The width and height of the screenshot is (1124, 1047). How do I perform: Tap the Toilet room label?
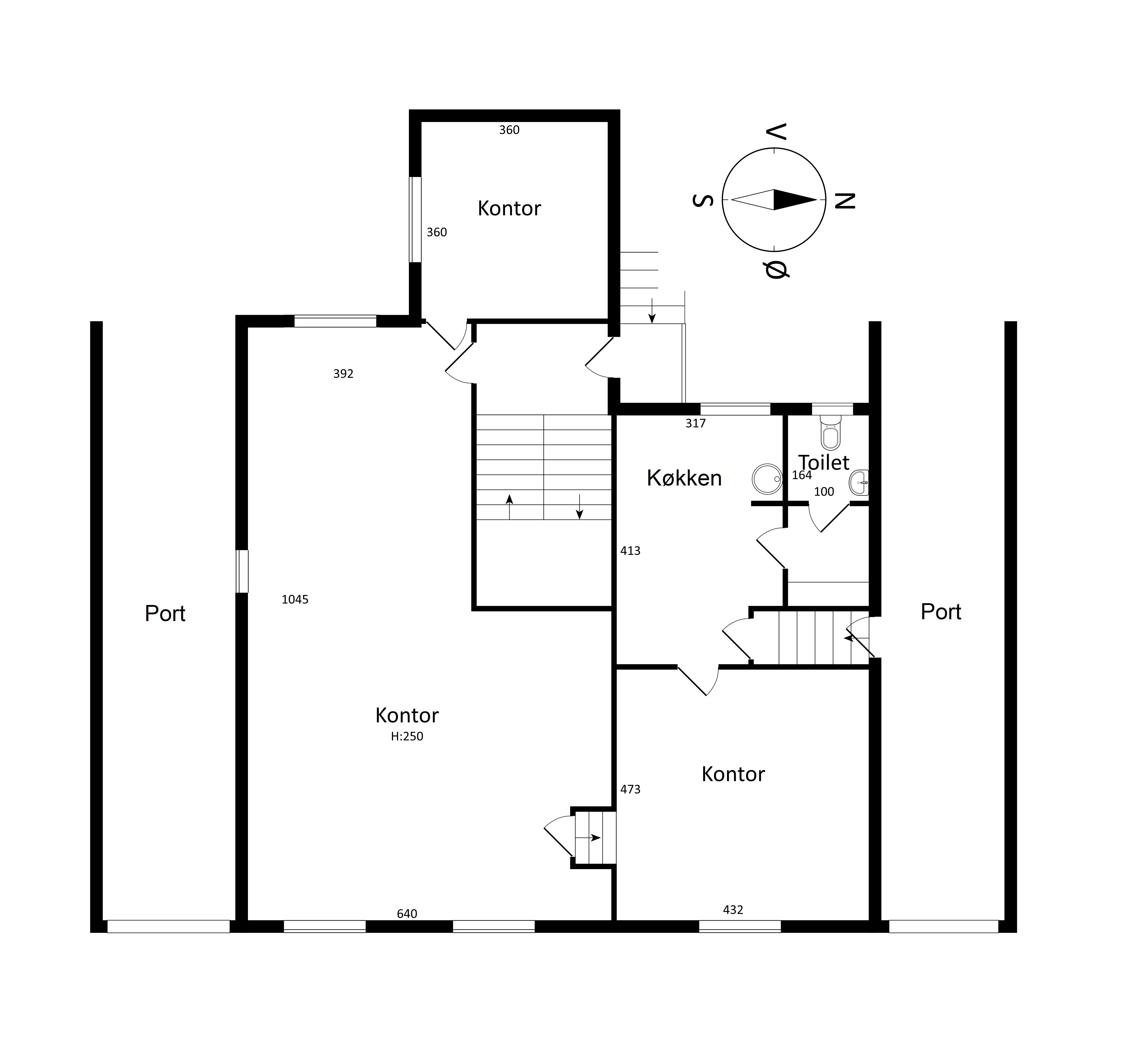click(x=824, y=463)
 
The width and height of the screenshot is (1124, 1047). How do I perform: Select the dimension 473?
click(x=630, y=789)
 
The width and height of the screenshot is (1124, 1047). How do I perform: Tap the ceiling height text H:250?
click(x=407, y=736)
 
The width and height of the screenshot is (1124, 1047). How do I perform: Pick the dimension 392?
click(x=343, y=374)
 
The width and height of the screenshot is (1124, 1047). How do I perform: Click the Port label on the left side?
click(x=165, y=613)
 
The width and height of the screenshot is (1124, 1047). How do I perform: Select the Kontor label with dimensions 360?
click(x=509, y=209)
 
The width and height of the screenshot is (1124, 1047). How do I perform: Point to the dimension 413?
click(x=630, y=551)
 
